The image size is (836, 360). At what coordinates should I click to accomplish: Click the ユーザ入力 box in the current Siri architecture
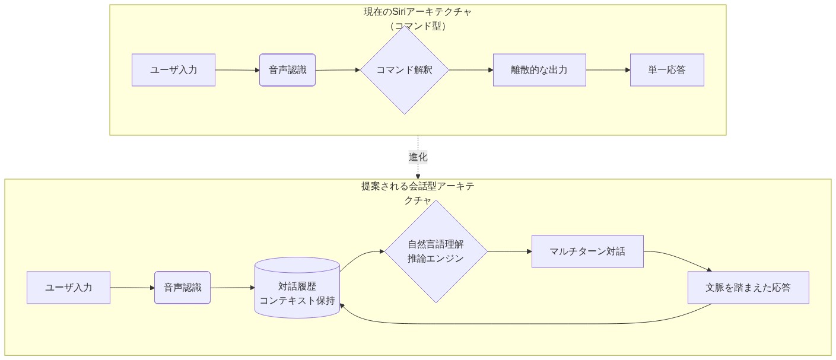point(173,70)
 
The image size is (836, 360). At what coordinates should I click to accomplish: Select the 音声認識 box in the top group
point(287,70)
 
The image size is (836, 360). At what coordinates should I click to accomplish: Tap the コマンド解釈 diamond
point(405,70)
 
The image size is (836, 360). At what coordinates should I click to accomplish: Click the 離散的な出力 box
point(539,70)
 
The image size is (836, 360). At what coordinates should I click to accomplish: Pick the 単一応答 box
point(667,70)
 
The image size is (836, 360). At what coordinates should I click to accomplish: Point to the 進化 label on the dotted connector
point(418,157)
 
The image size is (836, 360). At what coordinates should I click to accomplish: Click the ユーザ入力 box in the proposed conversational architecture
point(68,288)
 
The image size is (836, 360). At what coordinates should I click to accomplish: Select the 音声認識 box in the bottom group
point(182,288)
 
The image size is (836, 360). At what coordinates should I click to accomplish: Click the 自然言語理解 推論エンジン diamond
point(436,251)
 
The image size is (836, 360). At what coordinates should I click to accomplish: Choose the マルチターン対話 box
point(587,251)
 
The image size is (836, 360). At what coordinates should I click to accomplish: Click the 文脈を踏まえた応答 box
point(748,288)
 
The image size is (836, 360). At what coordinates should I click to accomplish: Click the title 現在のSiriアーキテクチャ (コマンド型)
point(418,18)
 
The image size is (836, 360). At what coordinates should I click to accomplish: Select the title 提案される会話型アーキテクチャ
point(418,193)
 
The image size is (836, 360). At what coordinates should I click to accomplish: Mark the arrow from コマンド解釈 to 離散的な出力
point(471,70)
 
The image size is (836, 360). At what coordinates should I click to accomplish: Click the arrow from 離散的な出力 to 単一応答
point(608,70)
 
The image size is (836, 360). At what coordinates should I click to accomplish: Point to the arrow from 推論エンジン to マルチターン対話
point(509,251)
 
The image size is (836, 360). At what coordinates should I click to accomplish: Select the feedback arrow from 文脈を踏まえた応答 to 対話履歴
point(522,324)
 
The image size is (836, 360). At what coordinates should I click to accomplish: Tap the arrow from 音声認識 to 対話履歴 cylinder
point(232,288)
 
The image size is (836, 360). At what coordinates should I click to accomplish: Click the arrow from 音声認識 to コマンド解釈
point(337,70)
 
